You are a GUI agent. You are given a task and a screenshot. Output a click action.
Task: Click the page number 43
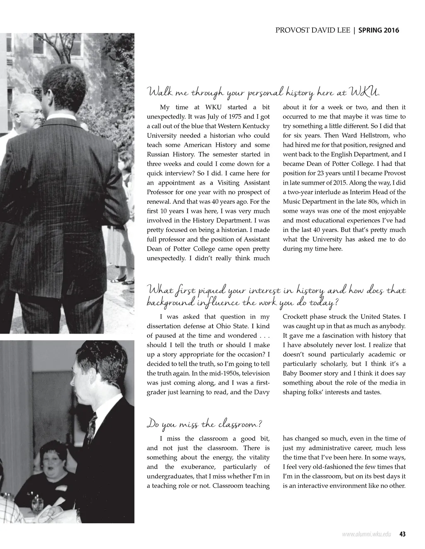click(x=402, y=534)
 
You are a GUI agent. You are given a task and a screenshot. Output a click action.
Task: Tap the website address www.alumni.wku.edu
click(x=366, y=534)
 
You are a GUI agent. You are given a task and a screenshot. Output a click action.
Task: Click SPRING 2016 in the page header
click(x=379, y=30)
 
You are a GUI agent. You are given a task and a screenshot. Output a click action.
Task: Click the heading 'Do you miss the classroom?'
click(x=204, y=425)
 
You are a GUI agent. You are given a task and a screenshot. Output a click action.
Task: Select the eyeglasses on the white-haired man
click(x=34, y=112)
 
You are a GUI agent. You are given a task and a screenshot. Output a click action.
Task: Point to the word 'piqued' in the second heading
click(x=204, y=290)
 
